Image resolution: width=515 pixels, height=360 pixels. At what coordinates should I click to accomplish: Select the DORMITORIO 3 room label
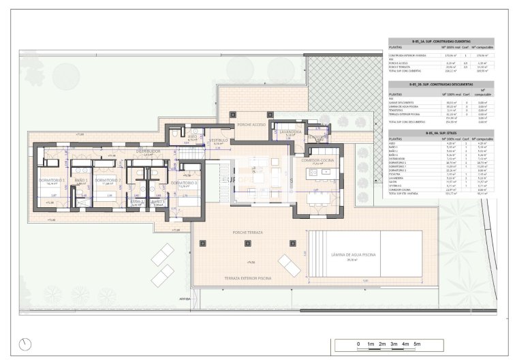[184, 183]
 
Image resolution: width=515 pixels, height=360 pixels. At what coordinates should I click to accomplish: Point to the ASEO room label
[193, 136]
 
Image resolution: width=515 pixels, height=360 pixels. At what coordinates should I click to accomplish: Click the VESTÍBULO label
[218, 140]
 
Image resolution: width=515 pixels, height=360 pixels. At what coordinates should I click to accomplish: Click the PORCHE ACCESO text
[251, 125]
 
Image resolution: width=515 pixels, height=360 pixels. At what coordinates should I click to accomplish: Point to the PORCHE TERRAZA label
[248, 232]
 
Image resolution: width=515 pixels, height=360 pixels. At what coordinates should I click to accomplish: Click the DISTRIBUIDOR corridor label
[148, 151]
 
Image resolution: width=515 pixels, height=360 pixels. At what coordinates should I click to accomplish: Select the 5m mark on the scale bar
[417, 344]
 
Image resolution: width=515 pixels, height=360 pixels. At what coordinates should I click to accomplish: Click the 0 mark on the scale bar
[358, 344]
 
